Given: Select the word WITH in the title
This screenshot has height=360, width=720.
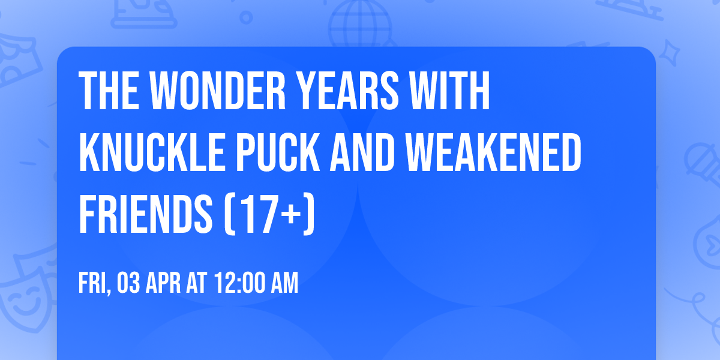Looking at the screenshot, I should [454, 91].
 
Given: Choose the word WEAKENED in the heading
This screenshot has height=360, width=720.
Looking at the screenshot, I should [496, 153].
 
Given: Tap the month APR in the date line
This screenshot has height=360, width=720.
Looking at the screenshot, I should [163, 284].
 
